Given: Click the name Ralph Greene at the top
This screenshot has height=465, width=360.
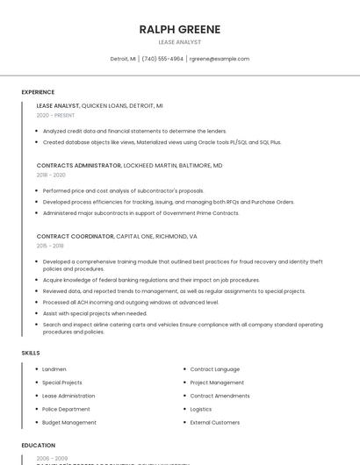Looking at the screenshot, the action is pos(179,29).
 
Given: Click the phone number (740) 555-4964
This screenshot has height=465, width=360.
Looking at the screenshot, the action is pos(162,59).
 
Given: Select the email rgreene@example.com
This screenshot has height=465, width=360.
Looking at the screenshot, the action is pos(220,59).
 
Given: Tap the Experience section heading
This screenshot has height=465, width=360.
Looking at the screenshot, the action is pos(38,92).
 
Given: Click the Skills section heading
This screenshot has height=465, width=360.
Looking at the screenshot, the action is pos(31,353).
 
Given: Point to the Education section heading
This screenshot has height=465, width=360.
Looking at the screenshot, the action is pos(38,445).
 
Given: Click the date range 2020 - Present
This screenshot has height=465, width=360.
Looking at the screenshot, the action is pos(55,115).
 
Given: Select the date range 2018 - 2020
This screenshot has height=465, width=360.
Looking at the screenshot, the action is pos(51,175).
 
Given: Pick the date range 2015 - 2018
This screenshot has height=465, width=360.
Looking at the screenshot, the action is pos(50,246).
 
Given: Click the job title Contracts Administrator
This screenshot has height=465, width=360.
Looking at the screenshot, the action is pos(79,165).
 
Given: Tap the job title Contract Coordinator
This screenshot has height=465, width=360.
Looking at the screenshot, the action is pos(75,236).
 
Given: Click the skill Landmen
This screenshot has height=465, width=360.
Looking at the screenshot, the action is pos(54,369).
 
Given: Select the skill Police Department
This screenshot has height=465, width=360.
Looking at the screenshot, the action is pos(66,409).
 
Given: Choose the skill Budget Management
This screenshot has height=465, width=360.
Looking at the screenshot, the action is pos(69,422).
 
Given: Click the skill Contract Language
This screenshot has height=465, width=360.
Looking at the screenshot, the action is pos(214,369).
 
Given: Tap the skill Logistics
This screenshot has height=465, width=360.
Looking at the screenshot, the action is pos(201,409).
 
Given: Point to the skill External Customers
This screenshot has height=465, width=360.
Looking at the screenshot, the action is pos(215,422).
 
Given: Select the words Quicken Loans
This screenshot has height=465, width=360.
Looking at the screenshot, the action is pos(111,105).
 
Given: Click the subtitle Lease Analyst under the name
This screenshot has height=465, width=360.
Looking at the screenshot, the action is pos(179,42).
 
